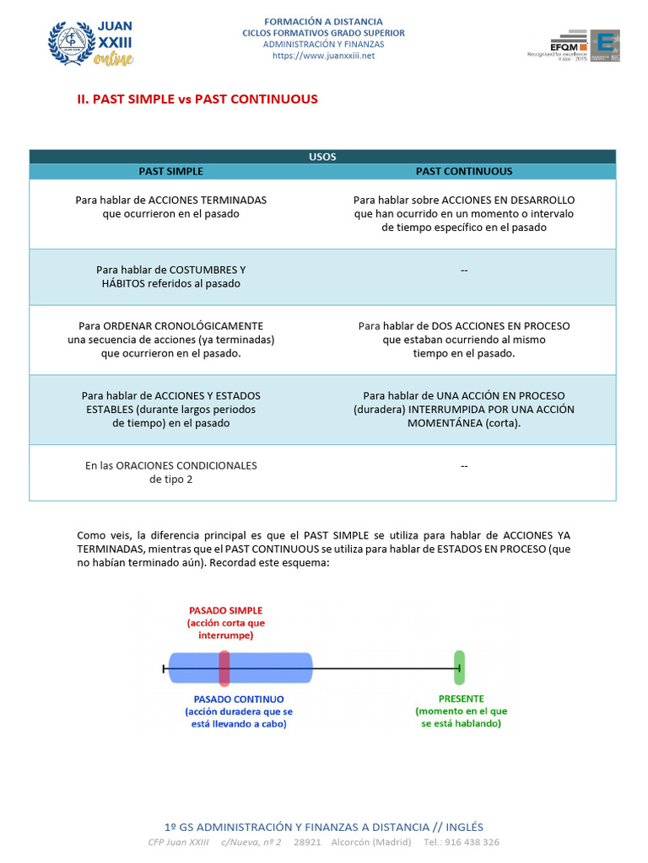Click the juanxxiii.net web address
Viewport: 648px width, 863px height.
(323, 56)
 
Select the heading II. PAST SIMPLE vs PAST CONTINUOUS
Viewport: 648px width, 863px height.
(197, 99)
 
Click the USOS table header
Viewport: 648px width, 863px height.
(322, 157)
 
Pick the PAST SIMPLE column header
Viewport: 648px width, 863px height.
(170, 171)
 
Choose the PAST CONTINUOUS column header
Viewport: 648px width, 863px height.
(463, 171)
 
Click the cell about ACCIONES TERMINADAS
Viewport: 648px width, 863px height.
(170, 207)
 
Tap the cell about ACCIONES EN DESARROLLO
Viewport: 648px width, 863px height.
(463, 214)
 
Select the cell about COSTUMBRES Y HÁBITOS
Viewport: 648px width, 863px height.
(170, 276)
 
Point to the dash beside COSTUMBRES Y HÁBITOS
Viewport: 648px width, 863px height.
(464, 270)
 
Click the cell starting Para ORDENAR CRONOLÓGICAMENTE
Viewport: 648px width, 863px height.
(170, 340)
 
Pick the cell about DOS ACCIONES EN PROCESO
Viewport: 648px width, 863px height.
(463, 340)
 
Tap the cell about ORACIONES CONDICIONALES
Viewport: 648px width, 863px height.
(170, 472)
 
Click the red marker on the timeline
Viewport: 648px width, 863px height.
(224, 667)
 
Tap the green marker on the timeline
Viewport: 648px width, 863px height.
(459, 667)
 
